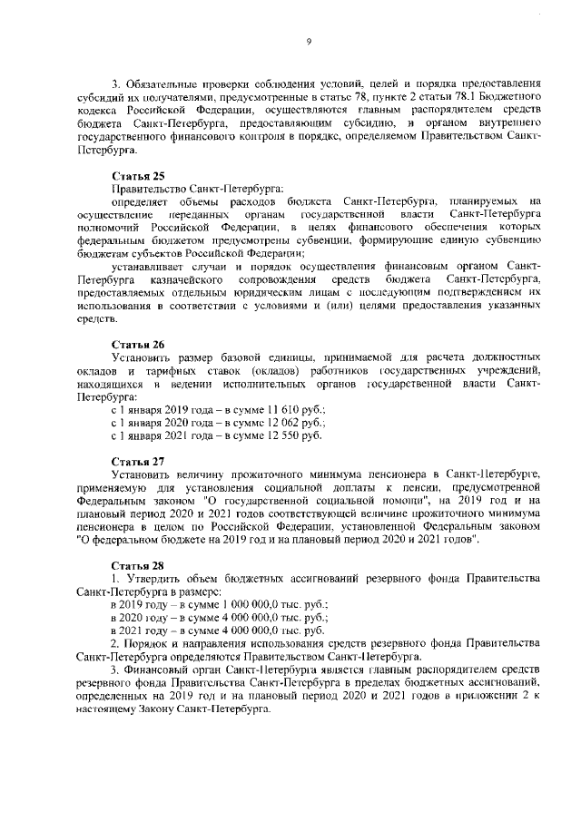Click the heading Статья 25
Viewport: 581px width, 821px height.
click(137, 174)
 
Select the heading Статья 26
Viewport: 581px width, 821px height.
click(137, 345)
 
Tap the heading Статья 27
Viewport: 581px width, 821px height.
click(137, 460)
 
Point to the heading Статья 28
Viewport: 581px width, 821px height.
click(137, 565)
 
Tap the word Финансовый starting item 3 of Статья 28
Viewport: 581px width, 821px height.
click(158, 669)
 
